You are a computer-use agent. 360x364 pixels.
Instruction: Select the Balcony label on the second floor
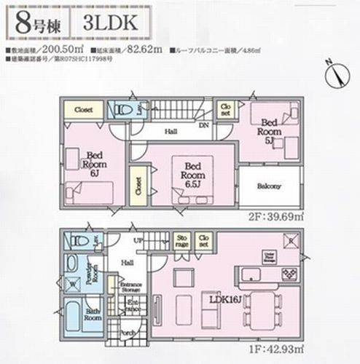tap(267, 186)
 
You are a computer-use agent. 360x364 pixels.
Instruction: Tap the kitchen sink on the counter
tap(251, 274)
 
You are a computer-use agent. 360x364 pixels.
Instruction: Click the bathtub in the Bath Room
tap(72, 314)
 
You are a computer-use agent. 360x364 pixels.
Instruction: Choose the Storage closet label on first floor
tap(181, 241)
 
